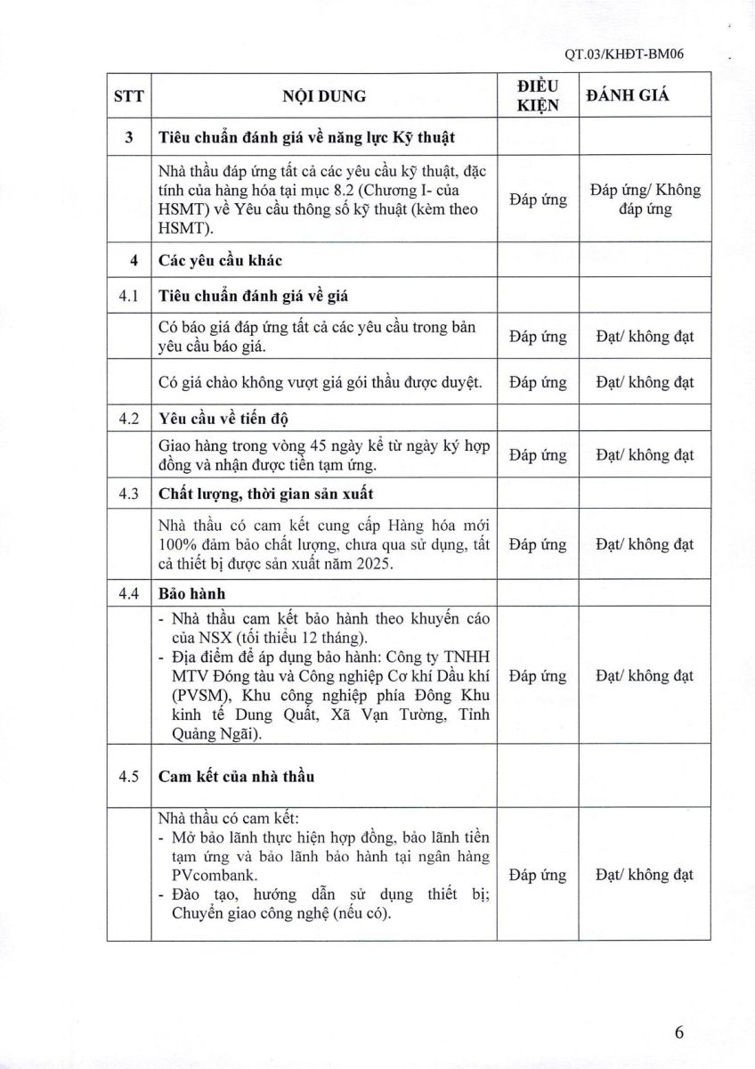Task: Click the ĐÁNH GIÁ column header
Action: coord(628,96)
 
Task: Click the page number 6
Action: coord(679,1032)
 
